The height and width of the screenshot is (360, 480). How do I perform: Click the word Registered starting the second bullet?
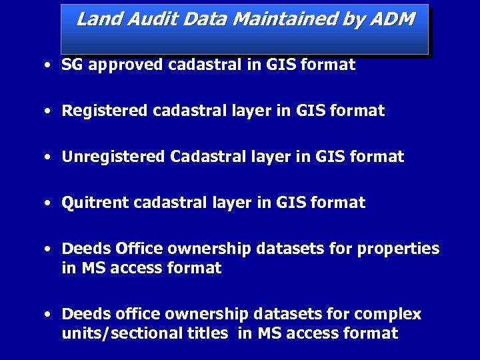(x=105, y=111)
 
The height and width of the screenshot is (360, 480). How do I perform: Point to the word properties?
(x=398, y=249)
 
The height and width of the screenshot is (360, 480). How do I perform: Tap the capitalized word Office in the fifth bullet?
(x=139, y=249)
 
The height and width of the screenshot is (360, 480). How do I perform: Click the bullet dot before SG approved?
(x=48, y=66)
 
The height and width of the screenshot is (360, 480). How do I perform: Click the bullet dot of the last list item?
(x=48, y=315)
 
